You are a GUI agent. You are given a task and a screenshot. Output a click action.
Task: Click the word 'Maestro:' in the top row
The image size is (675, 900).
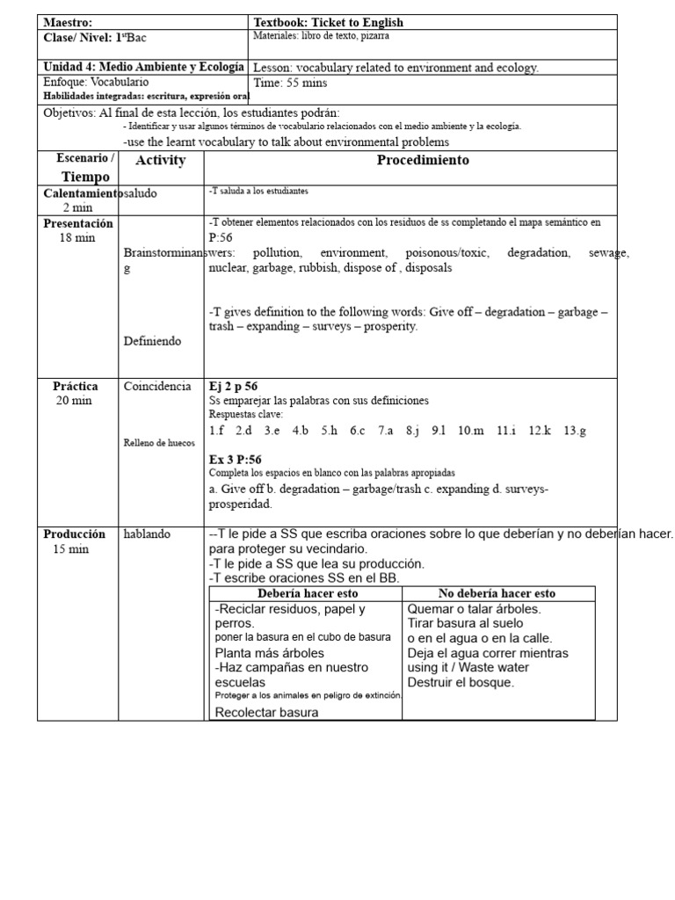pyautogui.click(x=68, y=22)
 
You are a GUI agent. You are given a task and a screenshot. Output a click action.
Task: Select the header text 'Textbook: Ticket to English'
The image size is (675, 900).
pyautogui.click(x=329, y=22)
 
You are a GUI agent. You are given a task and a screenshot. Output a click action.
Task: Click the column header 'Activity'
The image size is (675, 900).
pyautogui.click(x=161, y=160)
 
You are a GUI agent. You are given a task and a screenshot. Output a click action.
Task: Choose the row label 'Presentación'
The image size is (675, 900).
pyautogui.click(x=78, y=224)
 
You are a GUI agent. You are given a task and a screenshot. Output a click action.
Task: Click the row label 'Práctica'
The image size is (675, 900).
pyautogui.click(x=76, y=386)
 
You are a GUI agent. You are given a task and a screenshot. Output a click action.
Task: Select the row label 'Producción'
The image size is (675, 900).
pyautogui.click(x=75, y=533)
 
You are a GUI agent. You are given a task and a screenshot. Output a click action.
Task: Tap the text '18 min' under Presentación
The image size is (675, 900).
pyautogui.click(x=77, y=238)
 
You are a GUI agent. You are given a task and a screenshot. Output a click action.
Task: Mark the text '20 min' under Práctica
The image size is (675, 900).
pyautogui.click(x=74, y=400)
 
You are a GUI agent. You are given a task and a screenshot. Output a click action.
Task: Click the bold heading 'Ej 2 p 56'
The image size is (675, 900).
pyautogui.click(x=233, y=387)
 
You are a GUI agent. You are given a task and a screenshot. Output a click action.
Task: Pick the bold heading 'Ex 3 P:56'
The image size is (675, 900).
pyautogui.click(x=235, y=460)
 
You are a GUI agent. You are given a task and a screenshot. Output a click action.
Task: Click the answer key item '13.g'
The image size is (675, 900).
pyautogui.click(x=577, y=430)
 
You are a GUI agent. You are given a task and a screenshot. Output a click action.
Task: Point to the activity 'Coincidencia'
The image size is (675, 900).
pyautogui.click(x=157, y=387)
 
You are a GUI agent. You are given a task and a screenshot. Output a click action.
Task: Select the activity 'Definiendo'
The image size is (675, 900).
pyautogui.click(x=152, y=341)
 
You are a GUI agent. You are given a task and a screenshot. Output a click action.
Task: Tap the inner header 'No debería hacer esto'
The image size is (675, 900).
pyautogui.click(x=497, y=593)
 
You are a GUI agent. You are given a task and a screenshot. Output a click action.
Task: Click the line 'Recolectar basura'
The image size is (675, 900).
pyautogui.click(x=266, y=712)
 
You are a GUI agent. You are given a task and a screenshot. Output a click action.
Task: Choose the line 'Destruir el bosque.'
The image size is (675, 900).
pyautogui.click(x=461, y=682)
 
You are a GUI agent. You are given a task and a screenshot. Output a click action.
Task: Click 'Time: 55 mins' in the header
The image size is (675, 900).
pyautogui.click(x=291, y=83)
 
